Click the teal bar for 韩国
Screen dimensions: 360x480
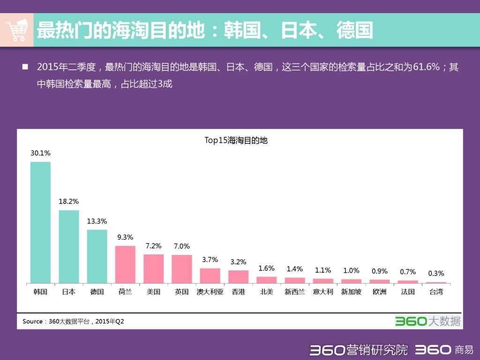(40, 222)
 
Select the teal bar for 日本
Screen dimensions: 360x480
(69, 247)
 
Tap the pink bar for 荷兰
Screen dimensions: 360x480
(125, 264)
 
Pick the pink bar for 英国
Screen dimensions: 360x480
(182, 269)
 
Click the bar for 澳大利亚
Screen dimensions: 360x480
(210, 276)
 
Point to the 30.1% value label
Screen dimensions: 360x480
(40, 153)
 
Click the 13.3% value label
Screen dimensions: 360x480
(97, 221)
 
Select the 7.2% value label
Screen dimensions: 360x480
(153, 246)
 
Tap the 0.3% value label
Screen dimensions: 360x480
(436, 273)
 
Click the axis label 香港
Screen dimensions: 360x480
(238, 292)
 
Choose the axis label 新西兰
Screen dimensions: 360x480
(294, 292)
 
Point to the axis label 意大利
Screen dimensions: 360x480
(323, 292)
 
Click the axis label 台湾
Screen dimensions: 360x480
(436, 292)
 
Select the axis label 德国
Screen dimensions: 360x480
(97, 292)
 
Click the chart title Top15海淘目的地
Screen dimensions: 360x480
(236, 140)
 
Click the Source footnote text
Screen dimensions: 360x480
(73, 322)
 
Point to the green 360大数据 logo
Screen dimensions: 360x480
(427, 321)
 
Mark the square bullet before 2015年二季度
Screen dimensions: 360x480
(25, 67)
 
